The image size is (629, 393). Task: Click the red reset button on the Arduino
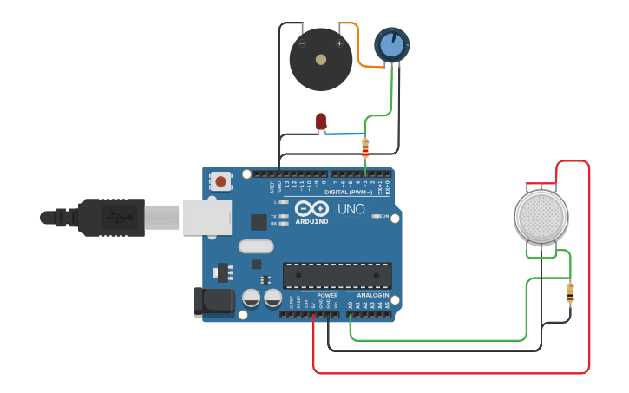point(221,181)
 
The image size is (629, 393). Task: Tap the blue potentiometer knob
point(391,45)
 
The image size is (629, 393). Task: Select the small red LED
point(321,121)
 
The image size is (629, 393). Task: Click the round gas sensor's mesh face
point(541,217)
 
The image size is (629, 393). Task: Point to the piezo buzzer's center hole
point(321,60)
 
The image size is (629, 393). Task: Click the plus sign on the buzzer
point(339,43)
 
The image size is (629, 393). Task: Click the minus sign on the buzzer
point(302,43)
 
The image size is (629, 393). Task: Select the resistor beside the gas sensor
point(570,293)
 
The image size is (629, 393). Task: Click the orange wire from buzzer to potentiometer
point(357,48)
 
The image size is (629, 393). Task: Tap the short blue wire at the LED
point(343,134)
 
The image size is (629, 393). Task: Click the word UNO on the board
point(351,209)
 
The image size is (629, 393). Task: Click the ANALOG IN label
point(373,295)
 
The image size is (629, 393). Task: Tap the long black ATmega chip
point(337,275)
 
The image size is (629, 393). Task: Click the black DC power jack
point(214,301)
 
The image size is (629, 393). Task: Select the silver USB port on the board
point(206,217)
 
